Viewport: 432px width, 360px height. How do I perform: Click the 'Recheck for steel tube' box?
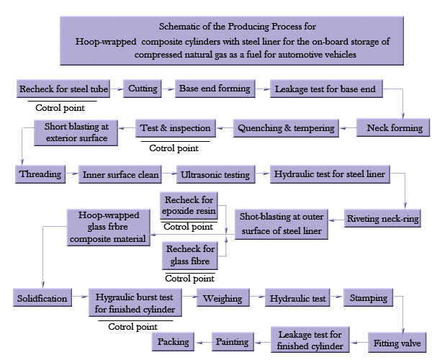pyautogui.click(x=63, y=89)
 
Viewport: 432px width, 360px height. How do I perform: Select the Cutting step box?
pyautogui.click(x=143, y=89)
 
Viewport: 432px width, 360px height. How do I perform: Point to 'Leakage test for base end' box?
pyautogui.click(x=325, y=90)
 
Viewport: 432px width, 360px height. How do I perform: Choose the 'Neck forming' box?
pyautogui.click(x=395, y=128)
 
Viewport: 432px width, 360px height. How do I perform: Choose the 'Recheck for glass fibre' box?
pyautogui.click(x=189, y=255)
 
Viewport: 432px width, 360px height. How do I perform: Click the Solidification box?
pyautogui.click(x=42, y=297)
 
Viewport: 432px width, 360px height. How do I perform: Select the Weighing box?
pyautogui.click(x=223, y=297)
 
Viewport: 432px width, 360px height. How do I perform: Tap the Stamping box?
pyautogui.click(x=369, y=297)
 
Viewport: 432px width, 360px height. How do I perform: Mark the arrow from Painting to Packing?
pyautogui.click(x=203, y=343)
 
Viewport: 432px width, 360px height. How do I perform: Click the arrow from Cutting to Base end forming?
pyautogui.click(x=167, y=89)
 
